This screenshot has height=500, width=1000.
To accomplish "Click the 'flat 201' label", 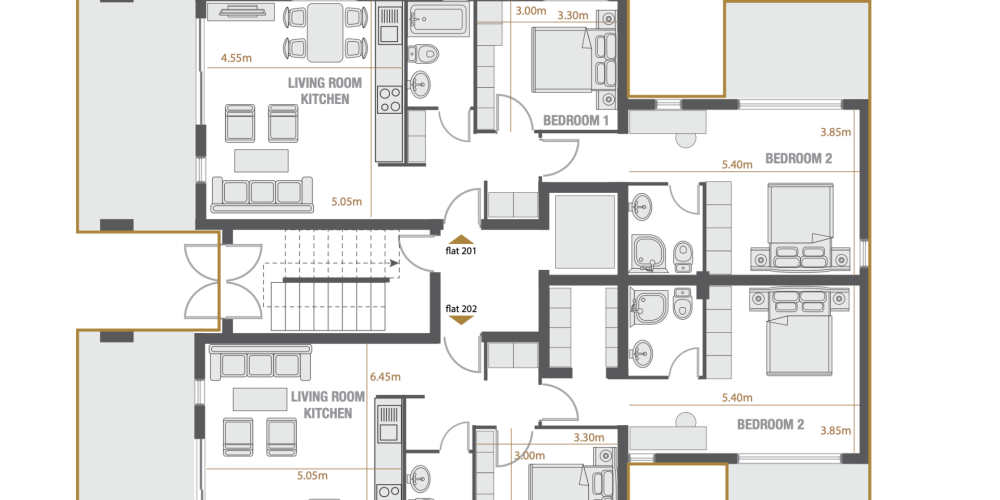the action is (x=460, y=251).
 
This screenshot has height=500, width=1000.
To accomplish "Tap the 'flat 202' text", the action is (x=460, y=309).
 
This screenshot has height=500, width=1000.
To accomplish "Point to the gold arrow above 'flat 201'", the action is (x=460, y=240).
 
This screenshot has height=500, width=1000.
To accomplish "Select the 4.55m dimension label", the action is (x=236, y=58).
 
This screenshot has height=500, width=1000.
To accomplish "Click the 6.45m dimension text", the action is (x=385, y=376).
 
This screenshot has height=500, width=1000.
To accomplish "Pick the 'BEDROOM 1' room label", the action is (x=576, y=120).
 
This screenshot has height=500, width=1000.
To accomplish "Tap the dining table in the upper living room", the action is (x=325, y=32).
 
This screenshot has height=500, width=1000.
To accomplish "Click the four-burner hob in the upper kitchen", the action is (x=389, y=100).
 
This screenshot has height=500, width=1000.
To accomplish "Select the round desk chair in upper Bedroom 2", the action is (x=686, y=140).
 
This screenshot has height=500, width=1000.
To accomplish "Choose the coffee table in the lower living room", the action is (x=260, y=399).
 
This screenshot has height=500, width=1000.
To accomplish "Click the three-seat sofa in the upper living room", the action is (x=262, y=194).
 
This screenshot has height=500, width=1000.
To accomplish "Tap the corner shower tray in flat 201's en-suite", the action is (x=649, y=253).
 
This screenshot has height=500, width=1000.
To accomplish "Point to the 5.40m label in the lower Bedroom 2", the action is (x=737, y=397).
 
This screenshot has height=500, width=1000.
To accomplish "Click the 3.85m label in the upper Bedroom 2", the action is (x=835, y=133).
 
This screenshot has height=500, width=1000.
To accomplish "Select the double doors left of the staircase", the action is (x=223, y=281).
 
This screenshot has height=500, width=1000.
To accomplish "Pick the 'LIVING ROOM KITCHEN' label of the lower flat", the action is (x=328, y=405).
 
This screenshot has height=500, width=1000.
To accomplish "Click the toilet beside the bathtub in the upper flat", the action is (x=421, y=54).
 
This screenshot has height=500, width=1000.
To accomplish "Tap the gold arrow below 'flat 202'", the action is (x=460, y=320).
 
